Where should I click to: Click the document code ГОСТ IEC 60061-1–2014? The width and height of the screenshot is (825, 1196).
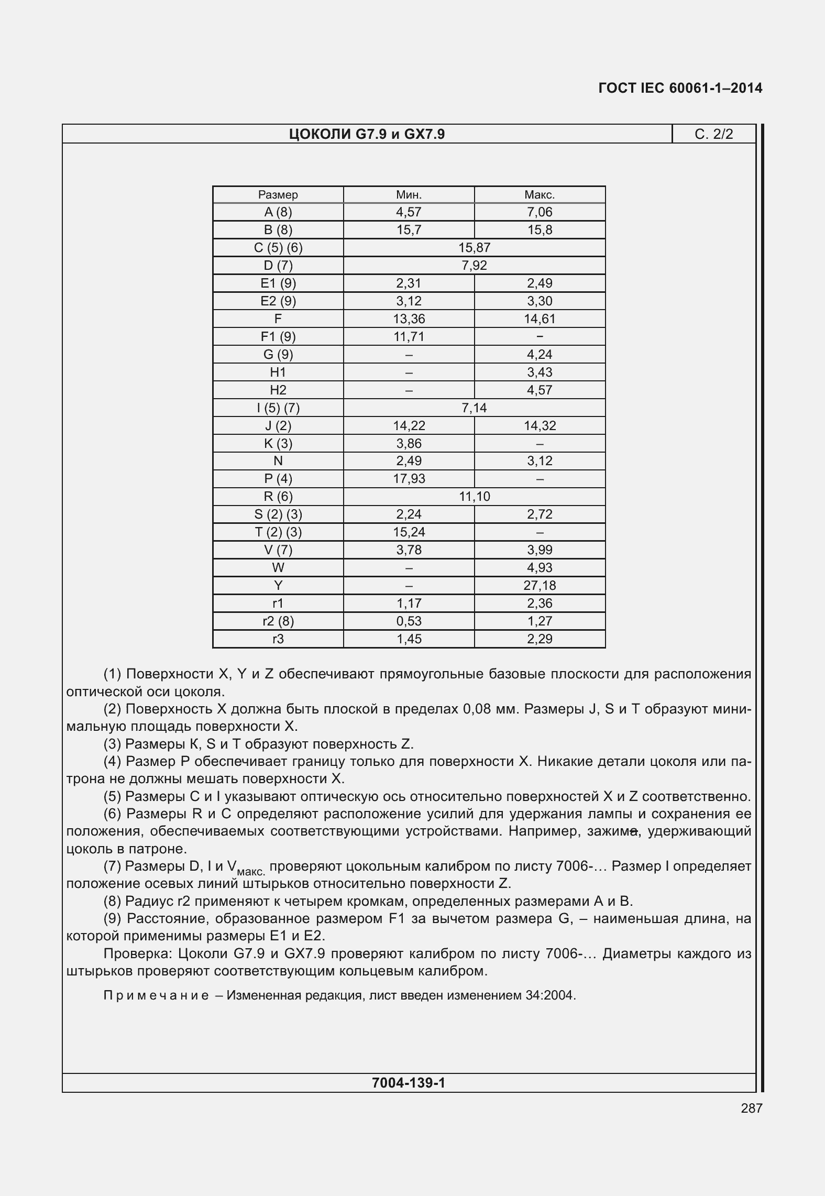click(x=680, y=88)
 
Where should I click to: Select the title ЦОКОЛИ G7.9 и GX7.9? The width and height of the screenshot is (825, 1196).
click(x=367, y=135)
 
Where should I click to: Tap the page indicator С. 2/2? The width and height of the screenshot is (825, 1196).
click(x=713, y=135)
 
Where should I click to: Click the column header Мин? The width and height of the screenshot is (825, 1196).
click(x=409, y=195)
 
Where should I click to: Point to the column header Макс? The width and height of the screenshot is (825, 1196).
click(x=540, y=195)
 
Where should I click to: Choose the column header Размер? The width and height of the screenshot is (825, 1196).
click(x=278, y=195)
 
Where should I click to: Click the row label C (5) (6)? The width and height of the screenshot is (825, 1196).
click(x=278, y=248)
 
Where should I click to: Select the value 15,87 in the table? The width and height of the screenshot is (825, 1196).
click(x=474, y=248)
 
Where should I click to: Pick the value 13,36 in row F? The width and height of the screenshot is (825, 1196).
click(x=409, y=319)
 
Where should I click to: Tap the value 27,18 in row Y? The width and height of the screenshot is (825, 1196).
click(x=540, y=586)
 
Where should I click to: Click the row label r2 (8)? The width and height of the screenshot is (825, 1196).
click(x=278, y=621)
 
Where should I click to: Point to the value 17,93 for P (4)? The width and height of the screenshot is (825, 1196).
click(x=409, y=479)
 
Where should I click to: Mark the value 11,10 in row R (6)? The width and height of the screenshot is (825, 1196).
click(x=474, y=497)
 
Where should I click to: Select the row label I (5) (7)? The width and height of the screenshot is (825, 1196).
click(x=278, y=408)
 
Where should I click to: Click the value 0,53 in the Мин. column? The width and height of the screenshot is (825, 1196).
click(x=409, y=621)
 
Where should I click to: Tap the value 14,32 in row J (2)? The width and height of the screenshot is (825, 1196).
click(x=540, y=426)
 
